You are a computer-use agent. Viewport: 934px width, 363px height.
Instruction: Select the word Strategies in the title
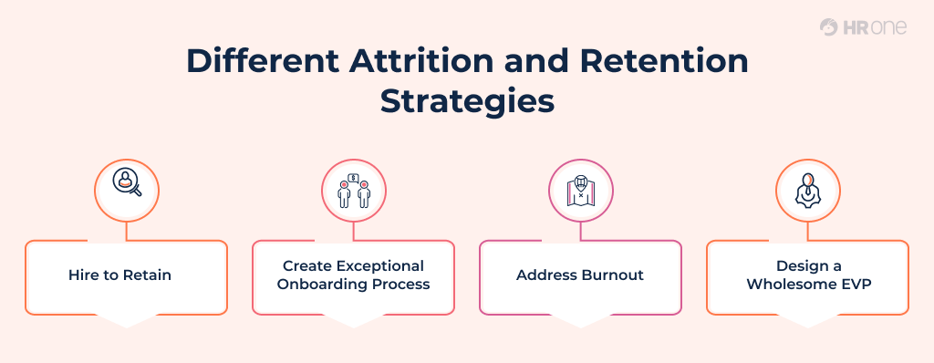point(467,99)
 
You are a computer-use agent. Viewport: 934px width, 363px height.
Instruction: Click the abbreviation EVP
point(855,285)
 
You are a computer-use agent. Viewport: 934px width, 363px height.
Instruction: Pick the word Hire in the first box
point(83,275)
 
